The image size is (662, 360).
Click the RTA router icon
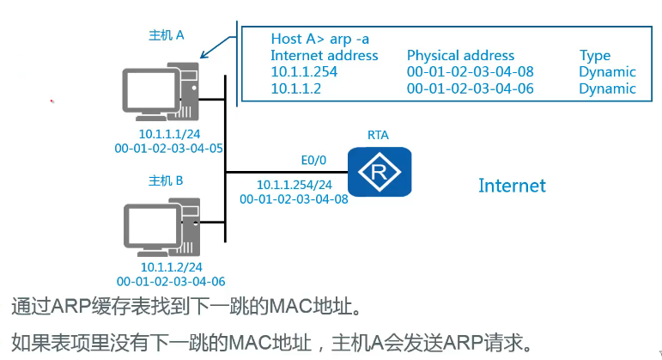pos(379,171)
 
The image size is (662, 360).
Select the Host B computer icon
pos(161,227)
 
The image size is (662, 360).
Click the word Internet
pos(512,185)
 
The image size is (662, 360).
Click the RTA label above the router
pos(378,136)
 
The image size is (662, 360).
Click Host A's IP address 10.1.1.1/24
pos(169,134)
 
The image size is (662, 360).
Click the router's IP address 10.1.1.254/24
pos(295,185)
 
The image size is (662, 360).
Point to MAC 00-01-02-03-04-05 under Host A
pos(169,149)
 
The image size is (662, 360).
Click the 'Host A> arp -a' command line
pos(320,39)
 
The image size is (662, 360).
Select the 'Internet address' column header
pos(324,55)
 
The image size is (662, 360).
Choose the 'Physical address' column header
pos(460,55)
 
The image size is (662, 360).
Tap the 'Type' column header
pos(595,55)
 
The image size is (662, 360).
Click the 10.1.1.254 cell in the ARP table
pos(303,71)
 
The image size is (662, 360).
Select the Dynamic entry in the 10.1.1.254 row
pos(607,71)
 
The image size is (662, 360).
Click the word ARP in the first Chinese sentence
pos(77,305)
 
